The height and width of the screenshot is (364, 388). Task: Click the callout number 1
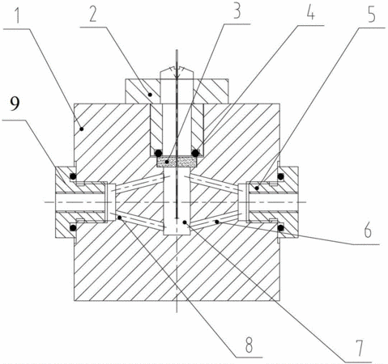(18, 16)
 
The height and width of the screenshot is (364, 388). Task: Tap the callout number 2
(92, 15)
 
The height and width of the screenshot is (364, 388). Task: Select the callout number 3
(237, 12)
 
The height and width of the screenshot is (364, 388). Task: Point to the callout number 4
(311, 13)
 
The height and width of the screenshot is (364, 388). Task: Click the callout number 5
(372, 15)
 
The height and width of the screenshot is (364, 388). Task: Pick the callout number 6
(368, 231)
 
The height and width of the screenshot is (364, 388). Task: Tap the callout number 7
(359, 348)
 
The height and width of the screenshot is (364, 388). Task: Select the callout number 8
(249, 345)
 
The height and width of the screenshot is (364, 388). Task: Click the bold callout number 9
(15, 104)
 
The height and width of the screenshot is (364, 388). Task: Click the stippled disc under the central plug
(177, 162)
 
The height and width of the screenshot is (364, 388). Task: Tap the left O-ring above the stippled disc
(158, 153)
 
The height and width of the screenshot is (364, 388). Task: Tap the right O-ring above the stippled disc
(195, 153)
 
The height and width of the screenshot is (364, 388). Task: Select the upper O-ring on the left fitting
(73, 176)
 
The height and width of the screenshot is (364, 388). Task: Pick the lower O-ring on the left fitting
(73, 228)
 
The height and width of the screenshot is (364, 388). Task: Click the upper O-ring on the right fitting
(281, 176)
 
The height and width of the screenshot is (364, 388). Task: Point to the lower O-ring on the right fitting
(281, 228)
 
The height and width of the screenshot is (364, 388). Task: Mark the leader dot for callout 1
(82, 129)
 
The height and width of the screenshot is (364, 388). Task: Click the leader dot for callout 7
(185, 222)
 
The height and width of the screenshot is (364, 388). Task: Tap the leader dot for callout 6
(217, 222)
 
